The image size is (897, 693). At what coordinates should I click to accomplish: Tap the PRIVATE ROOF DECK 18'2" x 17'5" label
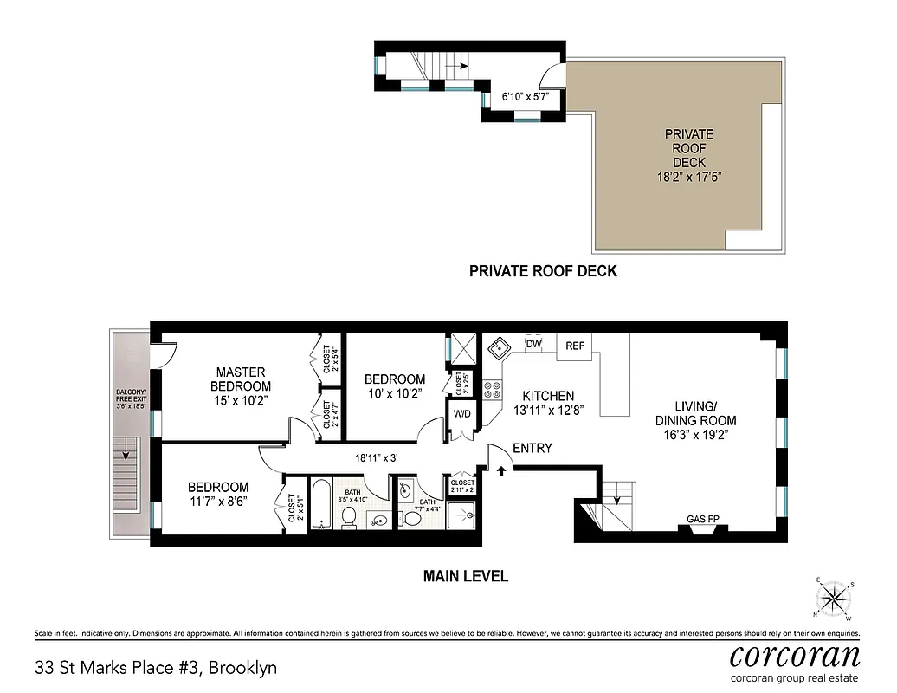coord(689,155)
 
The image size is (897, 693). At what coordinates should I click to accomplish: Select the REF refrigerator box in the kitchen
coord(575,346)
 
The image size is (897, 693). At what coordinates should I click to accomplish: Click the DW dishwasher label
coord(533,345)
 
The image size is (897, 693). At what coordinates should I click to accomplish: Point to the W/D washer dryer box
coord(461,413)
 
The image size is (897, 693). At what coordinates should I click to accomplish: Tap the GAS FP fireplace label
coord(701,519)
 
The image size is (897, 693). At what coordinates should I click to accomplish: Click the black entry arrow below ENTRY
coord(501,471)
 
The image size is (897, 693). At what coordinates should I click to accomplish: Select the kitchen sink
coord(499,349)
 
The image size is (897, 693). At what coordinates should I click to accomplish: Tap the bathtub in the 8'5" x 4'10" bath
coord(319,505)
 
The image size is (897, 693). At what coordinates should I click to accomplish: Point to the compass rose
coord(833,597)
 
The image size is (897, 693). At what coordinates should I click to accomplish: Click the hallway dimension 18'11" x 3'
coord(375,457)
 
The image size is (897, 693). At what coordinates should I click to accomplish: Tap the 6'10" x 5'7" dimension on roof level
coord(526,97)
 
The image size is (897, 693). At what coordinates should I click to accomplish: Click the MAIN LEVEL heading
coord(465,576)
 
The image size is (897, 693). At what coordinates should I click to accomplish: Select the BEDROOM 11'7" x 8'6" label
coord(218,494)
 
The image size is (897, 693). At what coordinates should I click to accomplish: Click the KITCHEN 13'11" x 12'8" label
coord(544,402)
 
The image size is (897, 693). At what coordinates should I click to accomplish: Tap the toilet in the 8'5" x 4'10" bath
coord(350,517)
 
